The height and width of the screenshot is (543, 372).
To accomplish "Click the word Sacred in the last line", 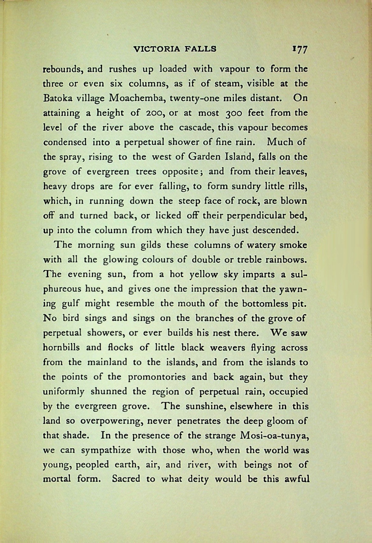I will (x=126, y=479).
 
